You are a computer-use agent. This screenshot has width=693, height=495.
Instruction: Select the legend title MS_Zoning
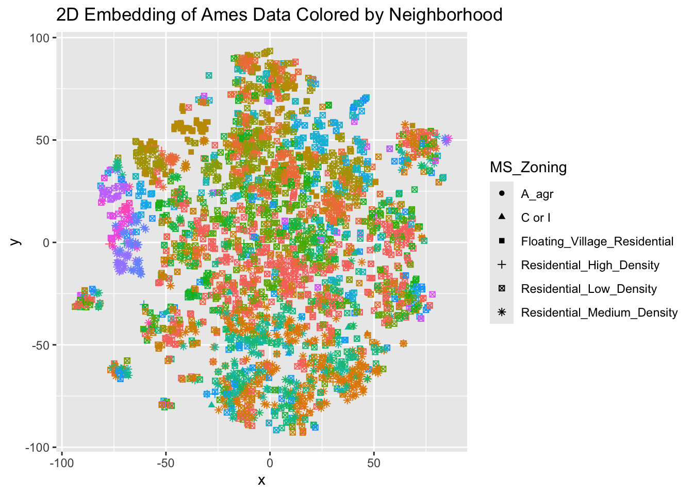click(x=528, y=167)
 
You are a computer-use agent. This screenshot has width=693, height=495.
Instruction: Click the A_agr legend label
click(x=537, y=194)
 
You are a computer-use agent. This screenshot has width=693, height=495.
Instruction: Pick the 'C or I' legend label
click(x=535, y=218)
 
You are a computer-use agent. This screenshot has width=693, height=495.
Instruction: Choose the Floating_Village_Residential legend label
click(x=597, y=242)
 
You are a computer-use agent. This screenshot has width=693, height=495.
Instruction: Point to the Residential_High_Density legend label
click(x=590, y=266)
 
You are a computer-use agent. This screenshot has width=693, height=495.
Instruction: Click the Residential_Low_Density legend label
click(x=589, y=289)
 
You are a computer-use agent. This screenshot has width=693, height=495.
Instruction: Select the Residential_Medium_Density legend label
click(x=599, y=312)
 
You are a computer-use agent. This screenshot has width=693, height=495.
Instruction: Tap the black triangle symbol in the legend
click(x=502, y=218)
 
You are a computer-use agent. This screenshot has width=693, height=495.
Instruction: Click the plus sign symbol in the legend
click(x=502, y=265)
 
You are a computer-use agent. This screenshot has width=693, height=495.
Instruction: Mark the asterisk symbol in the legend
click(x=502, y=312)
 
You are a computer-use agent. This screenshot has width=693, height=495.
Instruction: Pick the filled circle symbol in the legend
click(x=502, y=194)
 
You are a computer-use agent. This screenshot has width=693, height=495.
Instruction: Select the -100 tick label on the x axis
click(x=61, y=463)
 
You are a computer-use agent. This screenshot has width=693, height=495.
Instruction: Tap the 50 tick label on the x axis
click(x=374, y=463)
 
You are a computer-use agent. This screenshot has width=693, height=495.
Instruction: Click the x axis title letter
click(x=261, y=481)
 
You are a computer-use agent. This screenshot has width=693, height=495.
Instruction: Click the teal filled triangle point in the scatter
click(x=211, y=404)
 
